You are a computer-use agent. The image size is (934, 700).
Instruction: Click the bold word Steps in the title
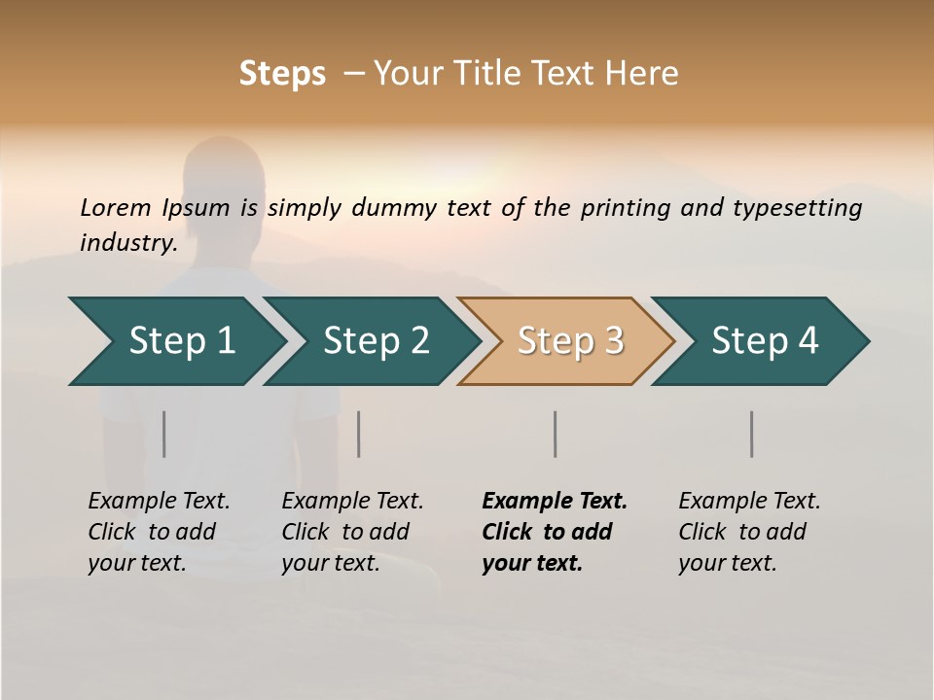click(282, 74)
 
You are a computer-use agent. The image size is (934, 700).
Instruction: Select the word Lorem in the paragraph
click(115, 207)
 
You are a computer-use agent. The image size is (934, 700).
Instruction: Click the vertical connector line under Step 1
click(164, 434)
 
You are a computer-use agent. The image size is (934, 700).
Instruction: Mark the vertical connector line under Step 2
click(359, 434)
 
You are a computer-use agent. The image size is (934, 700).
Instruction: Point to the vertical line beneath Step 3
click(556, 434)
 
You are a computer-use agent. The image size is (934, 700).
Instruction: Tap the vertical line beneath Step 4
click(752, 434)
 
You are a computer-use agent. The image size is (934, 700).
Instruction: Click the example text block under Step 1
click(159, 532)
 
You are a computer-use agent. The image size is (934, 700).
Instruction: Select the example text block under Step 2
click(352, 532)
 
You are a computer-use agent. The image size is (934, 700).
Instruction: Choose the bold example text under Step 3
click(555, 532)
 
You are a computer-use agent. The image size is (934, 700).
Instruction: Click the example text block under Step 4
click(749, 532)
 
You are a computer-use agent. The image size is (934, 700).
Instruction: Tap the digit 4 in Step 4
click(808, 341)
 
